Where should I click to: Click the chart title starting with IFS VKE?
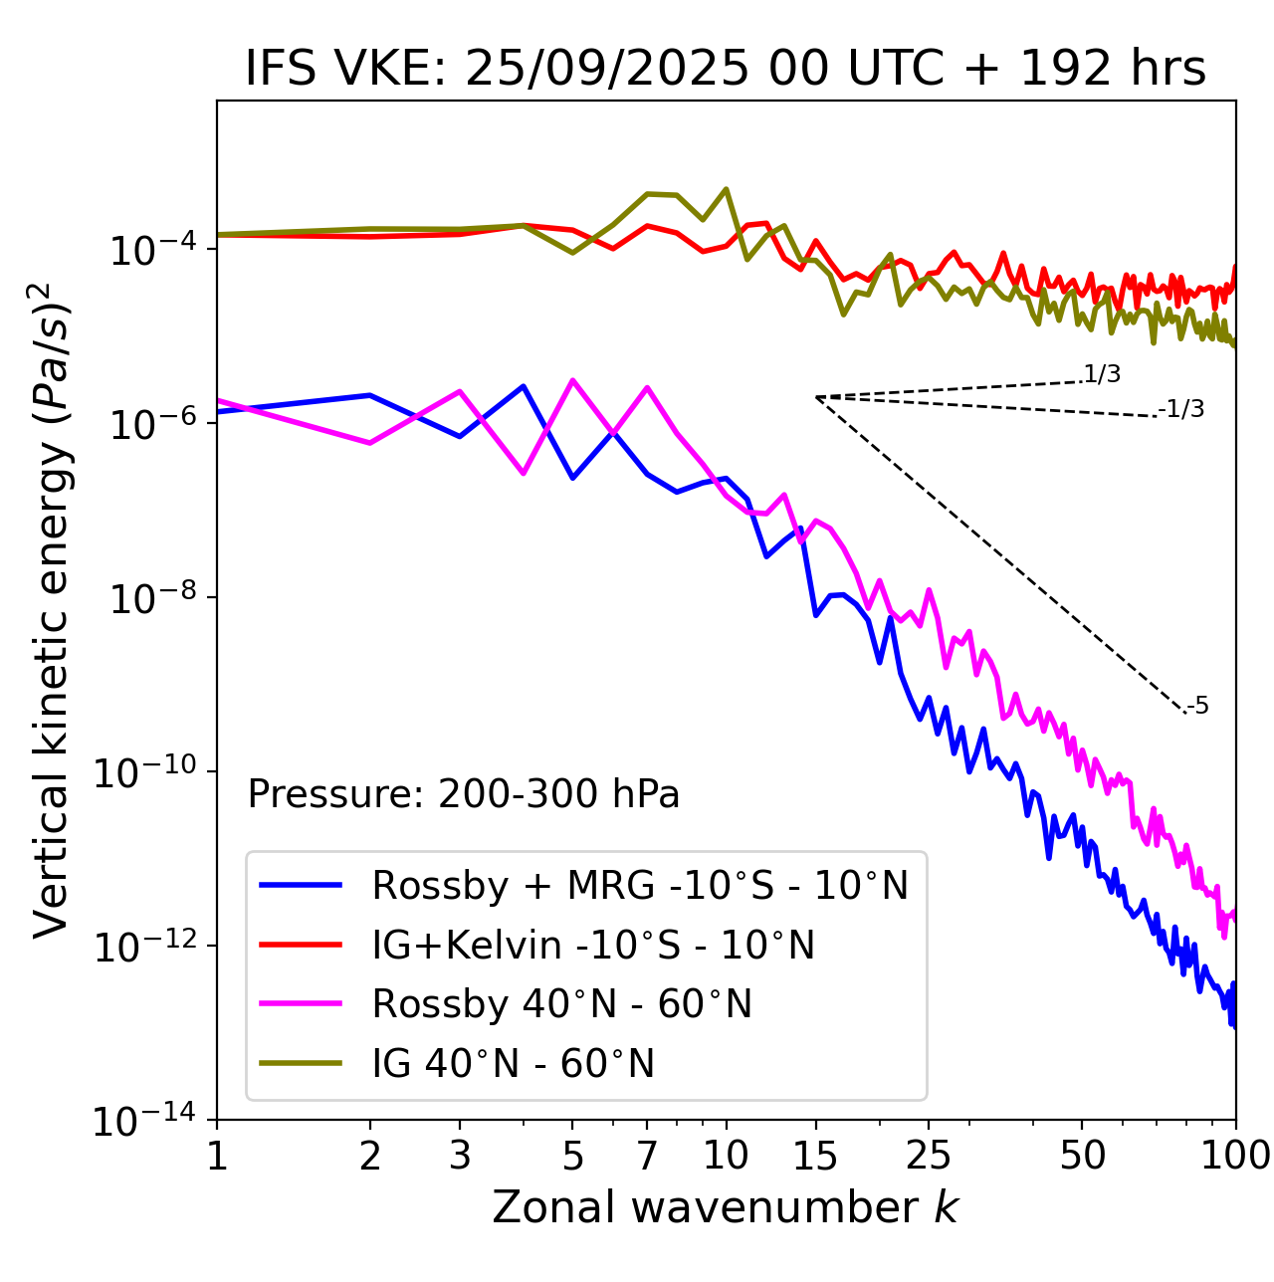click(x=726, y=69)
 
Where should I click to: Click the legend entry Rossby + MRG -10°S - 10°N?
click(x=640, y=885)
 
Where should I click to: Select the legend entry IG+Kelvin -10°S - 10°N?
click(x=593, y=945)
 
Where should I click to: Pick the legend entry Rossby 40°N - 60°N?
click(x=561, y=1004)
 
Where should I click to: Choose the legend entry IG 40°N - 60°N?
click(x=513, y=1064)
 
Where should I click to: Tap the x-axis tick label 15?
click(x=815, y=1156)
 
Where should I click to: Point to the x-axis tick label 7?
click(x=647, y=1156)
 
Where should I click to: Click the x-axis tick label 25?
click(x=929, y=1156)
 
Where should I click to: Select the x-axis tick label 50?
click(x=1082, y=1156)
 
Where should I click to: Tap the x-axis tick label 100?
click(x=1235, y=1156)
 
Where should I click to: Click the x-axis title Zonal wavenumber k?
click(x=726, y=1207)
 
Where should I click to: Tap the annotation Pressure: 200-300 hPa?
click(x=463, y=794)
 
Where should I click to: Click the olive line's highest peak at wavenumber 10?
click(x=726, y=188)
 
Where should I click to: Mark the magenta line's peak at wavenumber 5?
click(x=572, y=379)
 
